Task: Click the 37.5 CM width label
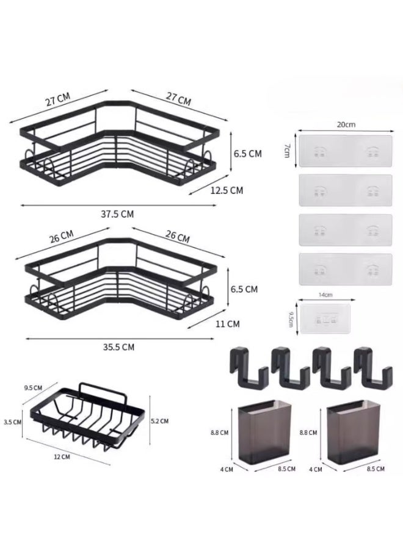[x=118, y=213]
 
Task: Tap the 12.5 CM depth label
[x=227, y=190]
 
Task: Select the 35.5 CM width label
[x=118, y=346]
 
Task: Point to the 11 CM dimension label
[x=228, y=324]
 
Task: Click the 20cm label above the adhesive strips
[x=345, y=124]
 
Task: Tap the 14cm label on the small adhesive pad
[x=324, y=294]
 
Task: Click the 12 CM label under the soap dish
[x=62, y=456]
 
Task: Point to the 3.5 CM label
[x=12, y=422]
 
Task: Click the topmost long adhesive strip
[x=345, y=151]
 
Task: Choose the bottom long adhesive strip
[x=345, y=268]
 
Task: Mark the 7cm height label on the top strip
[x=286, y=151]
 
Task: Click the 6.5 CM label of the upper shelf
[x=247, y=154]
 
